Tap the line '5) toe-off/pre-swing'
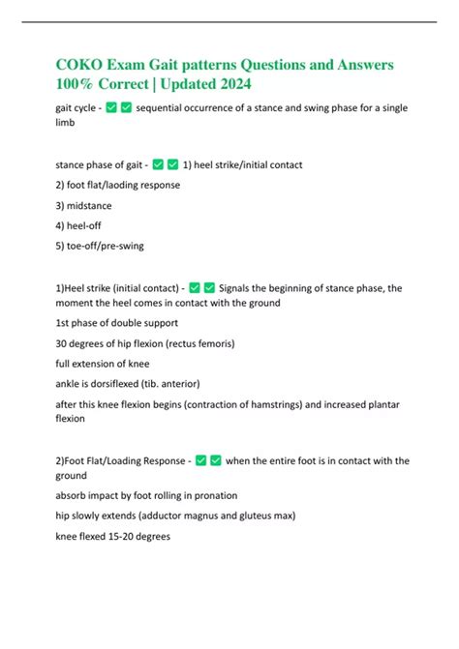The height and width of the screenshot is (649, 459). (100, 246)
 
